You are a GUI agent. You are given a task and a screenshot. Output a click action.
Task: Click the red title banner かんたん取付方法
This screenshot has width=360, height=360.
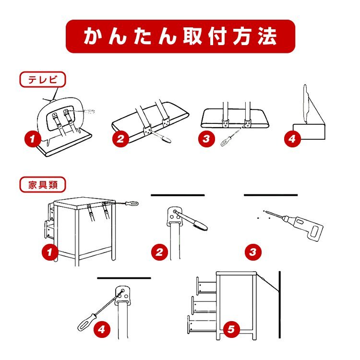tap(180, 36)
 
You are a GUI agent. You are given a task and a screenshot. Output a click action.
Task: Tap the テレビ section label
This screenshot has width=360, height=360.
tap(42, 80)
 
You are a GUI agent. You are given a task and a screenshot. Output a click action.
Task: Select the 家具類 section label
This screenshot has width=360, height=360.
tap(43, 184)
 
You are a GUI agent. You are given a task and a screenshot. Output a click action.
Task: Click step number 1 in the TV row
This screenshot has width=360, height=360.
tap(32, 140)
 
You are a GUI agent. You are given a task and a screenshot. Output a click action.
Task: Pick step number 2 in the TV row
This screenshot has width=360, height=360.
tap(121, 140)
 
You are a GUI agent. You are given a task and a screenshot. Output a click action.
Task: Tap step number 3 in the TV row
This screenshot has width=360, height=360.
tap(206, 139)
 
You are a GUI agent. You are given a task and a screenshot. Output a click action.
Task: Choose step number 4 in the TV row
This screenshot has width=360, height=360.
tap(291, 140)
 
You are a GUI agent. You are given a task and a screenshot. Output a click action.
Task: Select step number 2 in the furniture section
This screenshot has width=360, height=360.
tap(159, 251)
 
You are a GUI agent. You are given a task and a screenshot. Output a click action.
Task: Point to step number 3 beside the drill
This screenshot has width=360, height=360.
tap(252, 251)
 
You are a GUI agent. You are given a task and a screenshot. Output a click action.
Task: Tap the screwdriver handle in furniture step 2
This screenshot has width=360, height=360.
tap(197, 223)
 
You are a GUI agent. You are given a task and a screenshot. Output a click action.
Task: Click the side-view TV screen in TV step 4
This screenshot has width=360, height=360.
tap(305, 102)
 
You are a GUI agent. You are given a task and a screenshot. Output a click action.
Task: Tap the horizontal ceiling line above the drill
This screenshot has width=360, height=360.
tap(271, 195)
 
